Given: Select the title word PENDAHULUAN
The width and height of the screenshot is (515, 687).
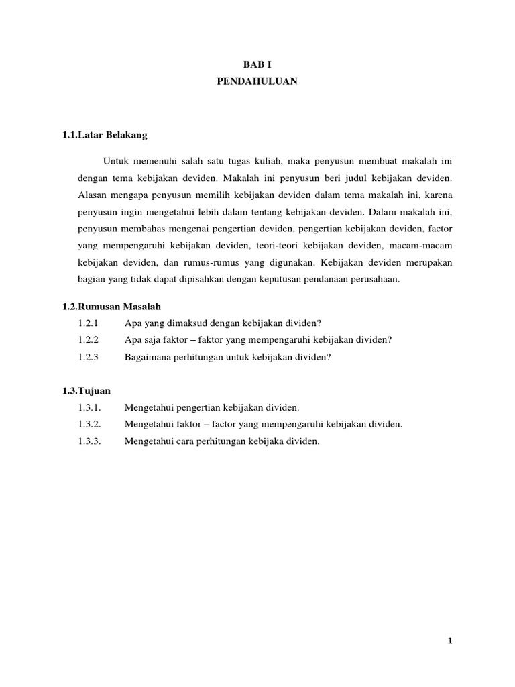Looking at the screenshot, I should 257,83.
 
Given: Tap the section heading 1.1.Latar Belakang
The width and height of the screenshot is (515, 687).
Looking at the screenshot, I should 105,135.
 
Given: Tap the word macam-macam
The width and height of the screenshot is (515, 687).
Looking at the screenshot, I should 428,245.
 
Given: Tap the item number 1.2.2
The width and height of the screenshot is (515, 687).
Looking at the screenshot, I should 89,340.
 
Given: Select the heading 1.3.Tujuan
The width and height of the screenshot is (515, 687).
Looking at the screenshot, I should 87,390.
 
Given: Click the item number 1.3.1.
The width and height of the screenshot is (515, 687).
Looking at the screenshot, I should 89,408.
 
